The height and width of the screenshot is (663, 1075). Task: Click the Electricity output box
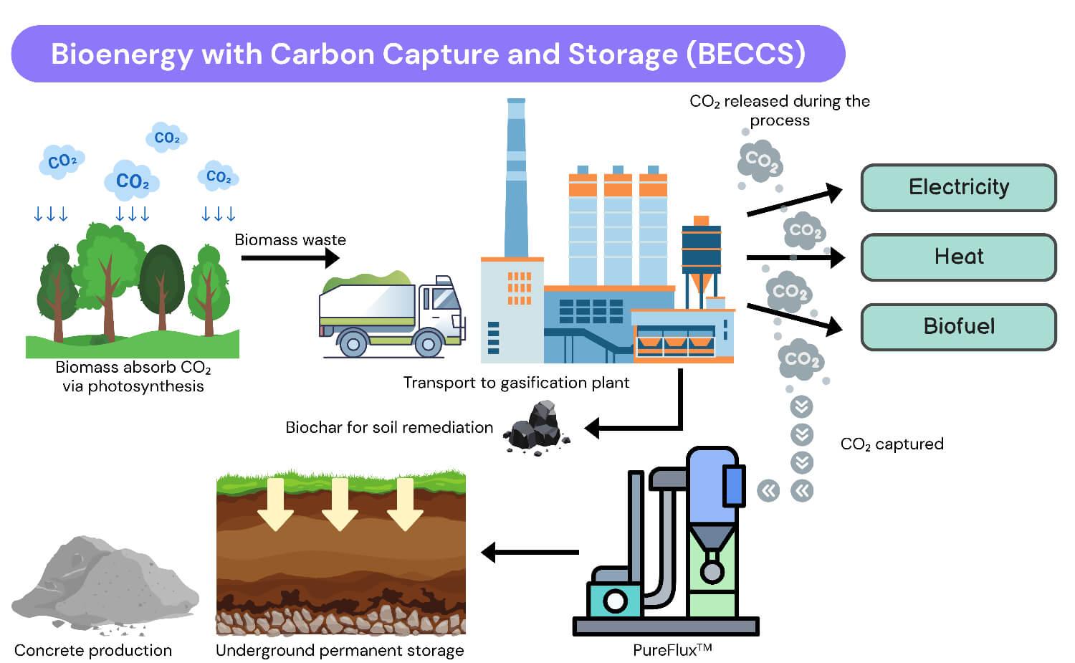958,187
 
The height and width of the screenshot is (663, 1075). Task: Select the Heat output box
958,257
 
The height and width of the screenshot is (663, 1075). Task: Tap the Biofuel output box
958,326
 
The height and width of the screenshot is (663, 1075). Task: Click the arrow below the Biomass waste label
290,258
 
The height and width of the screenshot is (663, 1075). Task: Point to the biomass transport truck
392,315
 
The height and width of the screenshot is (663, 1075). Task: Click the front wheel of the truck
428,343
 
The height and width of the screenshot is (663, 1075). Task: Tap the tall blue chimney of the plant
516,178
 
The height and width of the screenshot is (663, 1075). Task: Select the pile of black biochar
536,428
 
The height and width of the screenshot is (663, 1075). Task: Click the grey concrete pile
105,582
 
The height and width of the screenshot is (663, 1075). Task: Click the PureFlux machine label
672,650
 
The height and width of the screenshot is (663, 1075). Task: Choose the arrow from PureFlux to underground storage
530,552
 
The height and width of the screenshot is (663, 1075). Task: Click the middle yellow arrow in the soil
340,504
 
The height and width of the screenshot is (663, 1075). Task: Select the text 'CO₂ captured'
892,444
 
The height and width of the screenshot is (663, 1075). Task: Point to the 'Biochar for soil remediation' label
389,427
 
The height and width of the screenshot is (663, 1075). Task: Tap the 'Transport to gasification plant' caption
516,383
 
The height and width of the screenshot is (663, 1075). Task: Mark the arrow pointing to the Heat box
795,258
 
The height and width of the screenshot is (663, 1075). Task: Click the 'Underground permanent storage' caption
340,651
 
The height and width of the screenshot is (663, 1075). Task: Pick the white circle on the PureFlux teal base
615,601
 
